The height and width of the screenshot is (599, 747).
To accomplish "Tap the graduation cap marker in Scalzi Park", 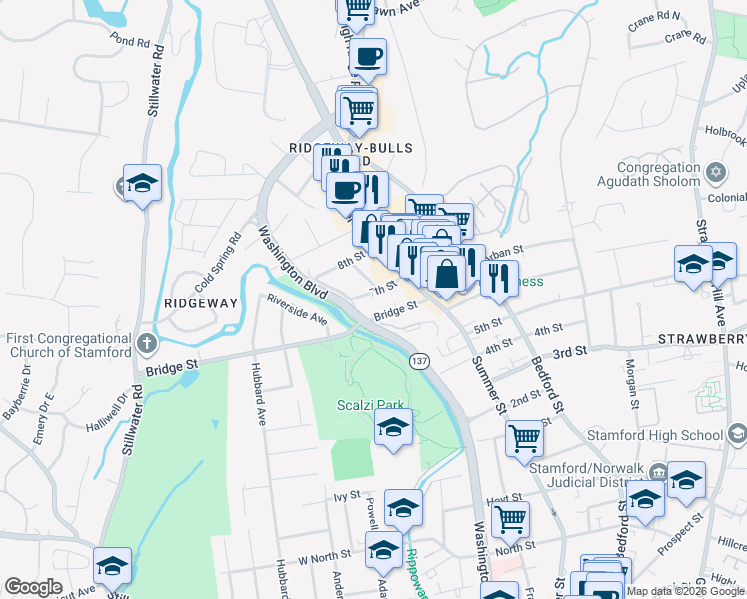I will coord(393,430).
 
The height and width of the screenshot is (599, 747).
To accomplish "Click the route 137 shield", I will coord(421,360).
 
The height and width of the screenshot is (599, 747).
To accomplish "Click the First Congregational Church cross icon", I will coord(147,345).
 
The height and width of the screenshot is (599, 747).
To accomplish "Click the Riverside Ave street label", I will coord(297,308).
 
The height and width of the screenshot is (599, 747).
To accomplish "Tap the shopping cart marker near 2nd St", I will coord(524,437).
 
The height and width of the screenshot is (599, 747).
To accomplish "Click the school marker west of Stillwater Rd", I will coord(142,182).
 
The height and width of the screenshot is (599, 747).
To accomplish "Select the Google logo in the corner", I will coord(33,587).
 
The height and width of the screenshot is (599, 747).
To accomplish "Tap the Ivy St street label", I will coord(347,495).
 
